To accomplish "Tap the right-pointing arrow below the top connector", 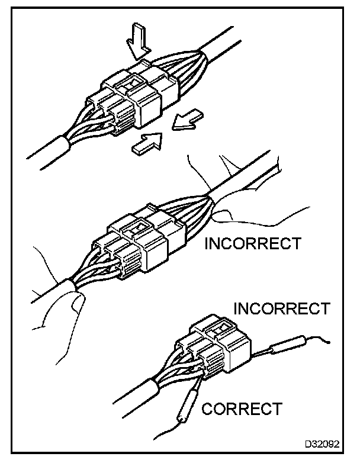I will [147, 143].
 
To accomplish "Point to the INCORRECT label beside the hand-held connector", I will [252, 243].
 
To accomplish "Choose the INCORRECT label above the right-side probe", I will [281, 308].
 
